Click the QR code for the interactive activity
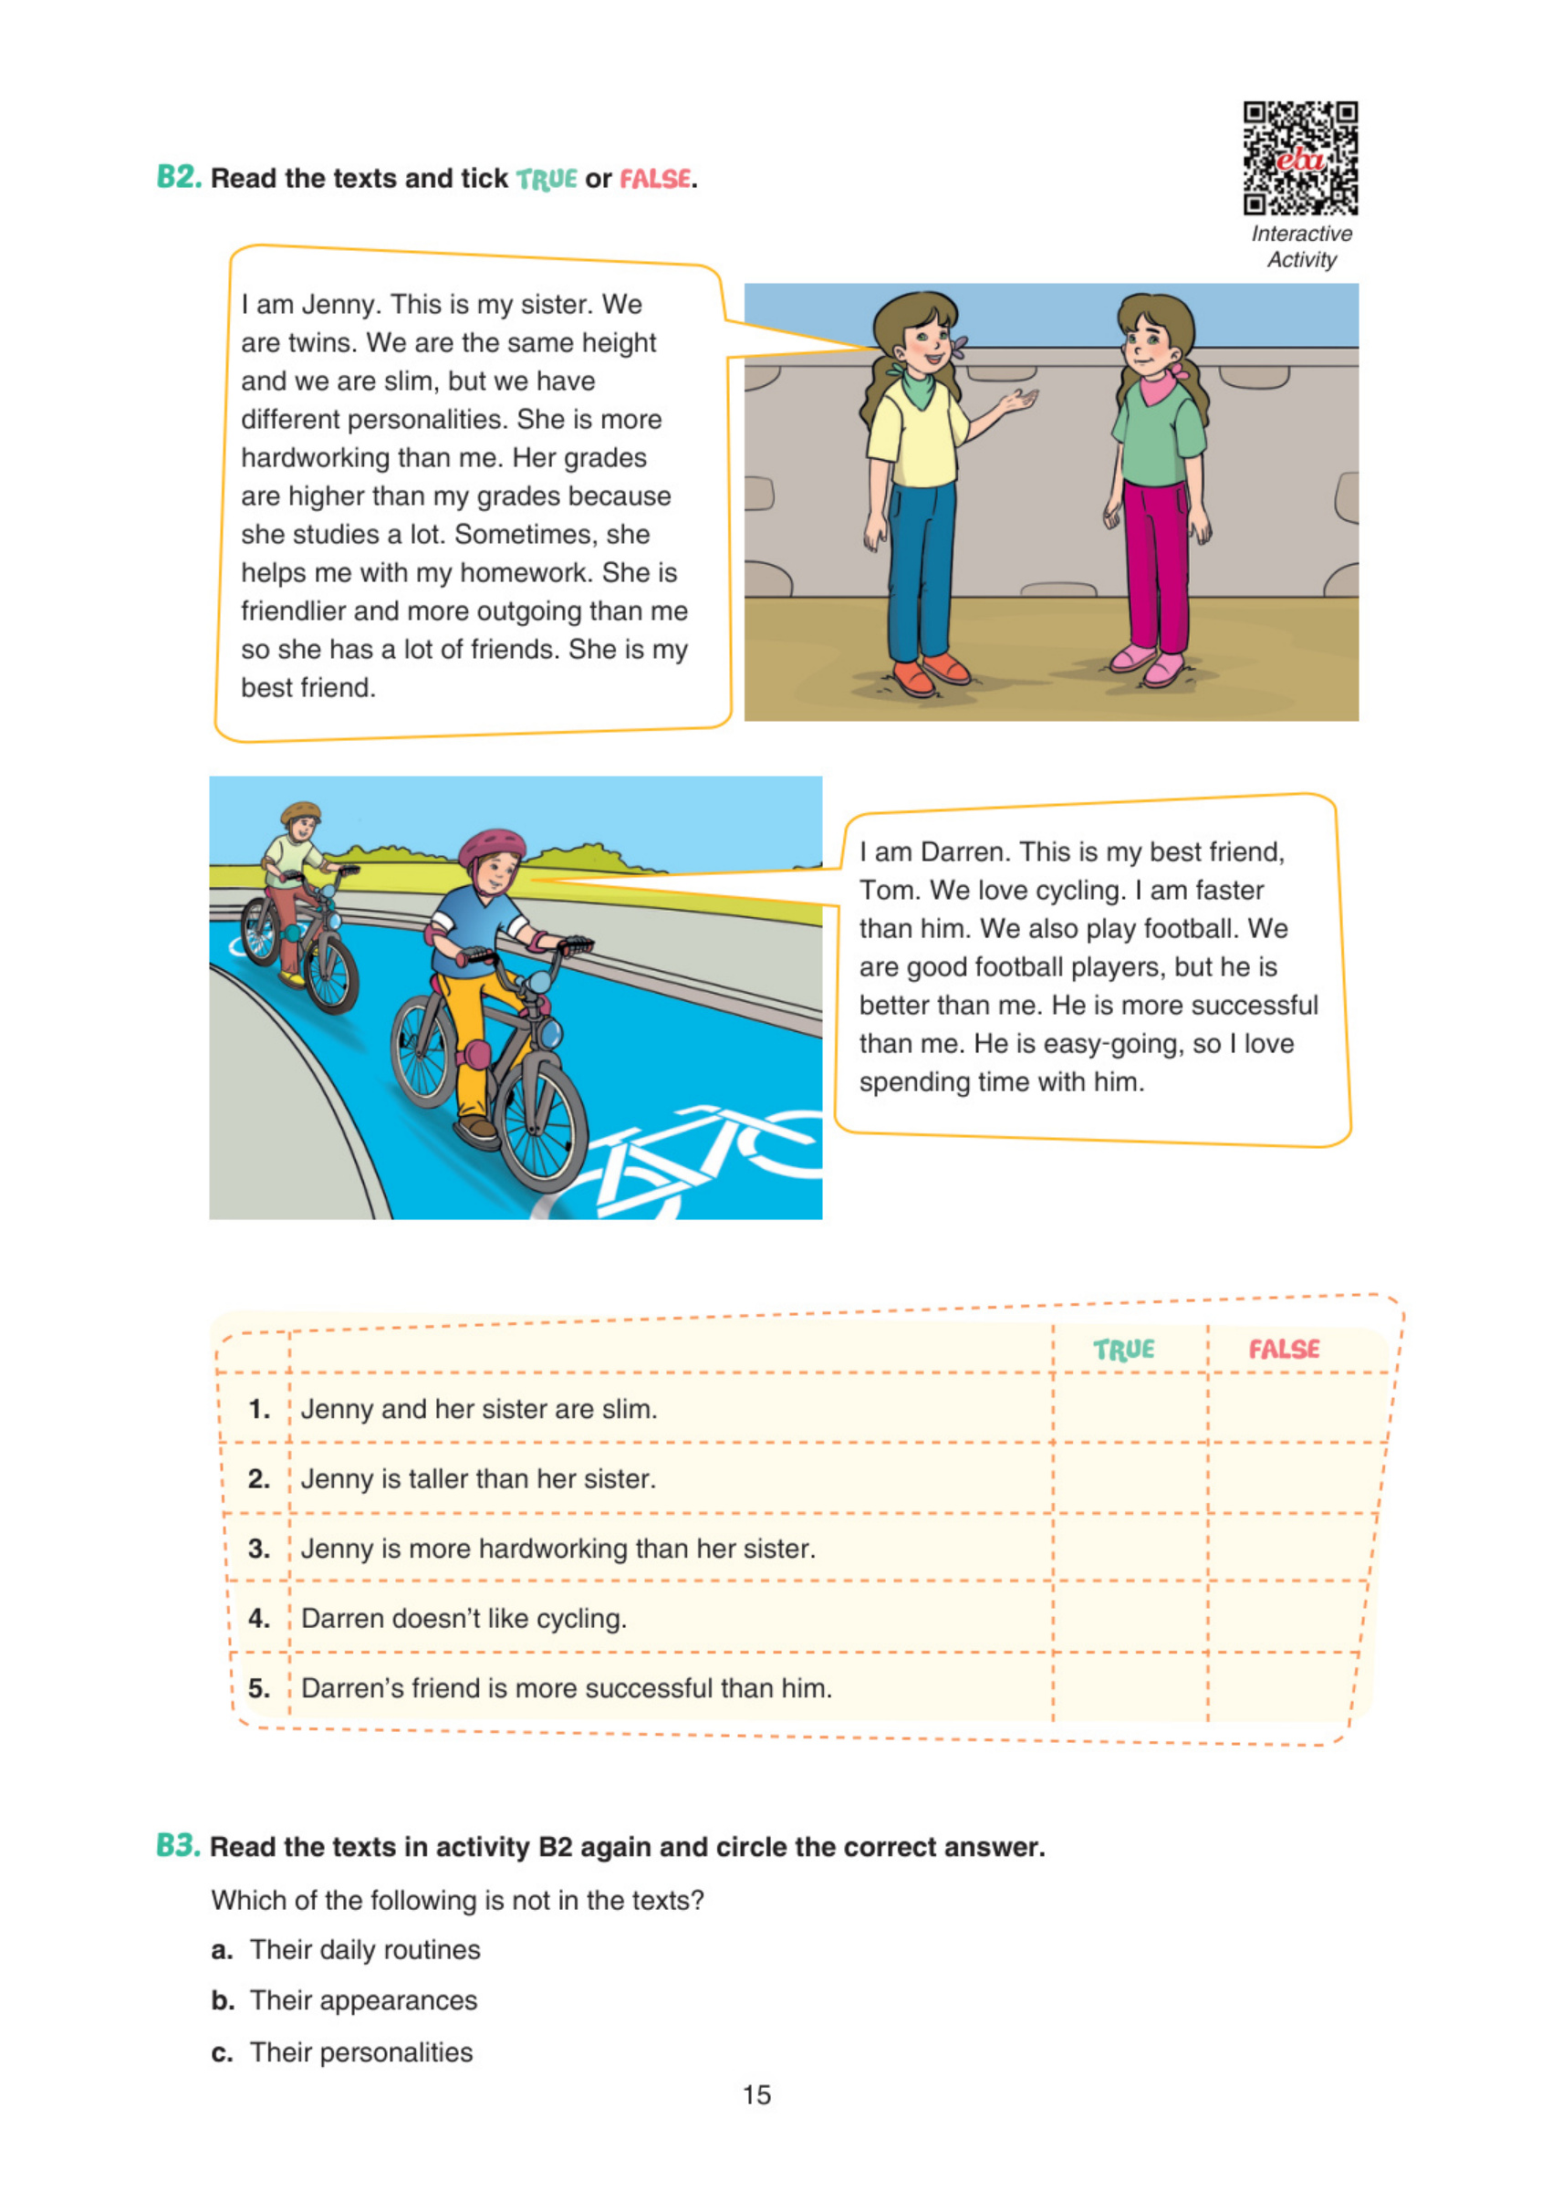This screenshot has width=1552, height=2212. (1299, 157)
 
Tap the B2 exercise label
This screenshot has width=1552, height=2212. (179, 177)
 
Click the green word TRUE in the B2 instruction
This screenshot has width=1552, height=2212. (547, 179)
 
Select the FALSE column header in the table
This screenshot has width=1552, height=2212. (1283, 1349)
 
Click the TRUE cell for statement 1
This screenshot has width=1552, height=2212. (1129, 1409)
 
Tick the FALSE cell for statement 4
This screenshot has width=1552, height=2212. (1286, 1618)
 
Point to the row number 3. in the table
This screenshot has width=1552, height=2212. (258, 1549)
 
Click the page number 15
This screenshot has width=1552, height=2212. (756, 2094)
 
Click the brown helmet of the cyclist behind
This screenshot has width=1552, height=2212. (300, 810)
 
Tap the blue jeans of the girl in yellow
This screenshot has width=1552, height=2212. (920, 569)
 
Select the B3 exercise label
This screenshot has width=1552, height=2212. (178, 1845)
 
